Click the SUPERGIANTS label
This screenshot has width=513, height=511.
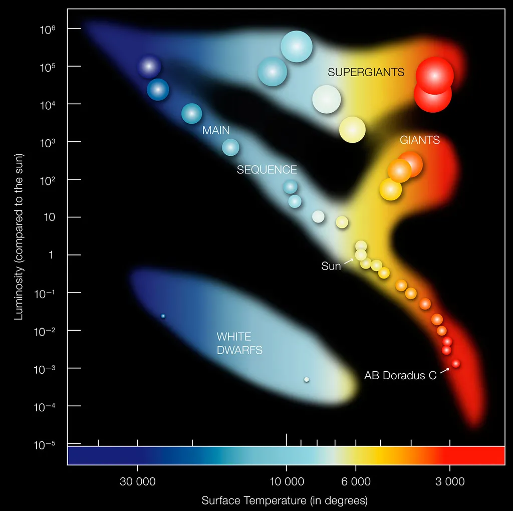[366, 73]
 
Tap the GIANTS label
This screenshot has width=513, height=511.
[419, 140]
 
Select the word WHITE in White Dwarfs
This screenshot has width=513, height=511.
[233, 337]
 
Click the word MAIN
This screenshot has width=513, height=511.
[216, 131]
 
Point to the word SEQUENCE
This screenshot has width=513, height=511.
[267, 170]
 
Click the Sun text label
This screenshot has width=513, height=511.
[331, 267]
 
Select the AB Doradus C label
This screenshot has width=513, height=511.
[400, 376]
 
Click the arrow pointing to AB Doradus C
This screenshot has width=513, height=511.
[444, 370]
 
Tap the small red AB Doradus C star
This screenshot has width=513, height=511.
[455, 364]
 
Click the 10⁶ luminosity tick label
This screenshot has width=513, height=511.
[47, 29]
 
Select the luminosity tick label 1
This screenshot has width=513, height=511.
[50, 255]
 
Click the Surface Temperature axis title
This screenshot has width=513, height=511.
[285, 500]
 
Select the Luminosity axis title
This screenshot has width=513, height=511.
[19, 236]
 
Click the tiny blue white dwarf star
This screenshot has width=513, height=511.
[163, 316]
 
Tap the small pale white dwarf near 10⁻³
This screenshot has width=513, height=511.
[307, 379]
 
